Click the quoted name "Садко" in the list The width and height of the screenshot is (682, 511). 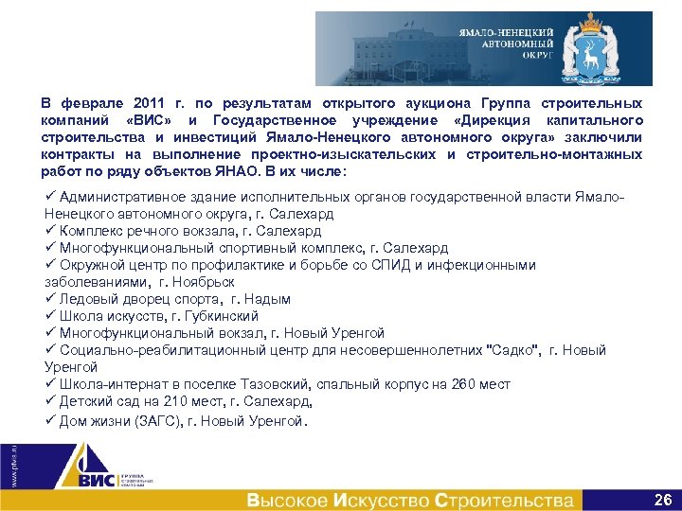point(512,350)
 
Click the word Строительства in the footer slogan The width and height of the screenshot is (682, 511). point(504,500)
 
